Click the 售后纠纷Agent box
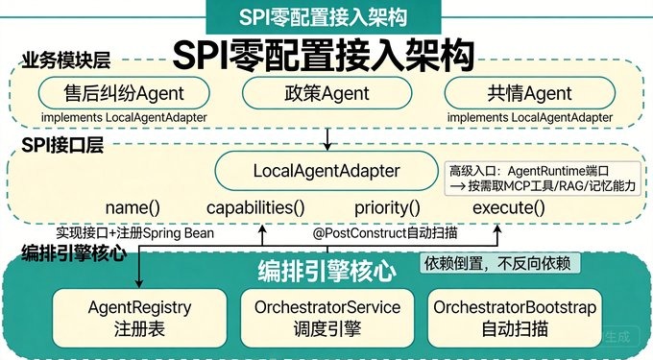click(x=124, y=93)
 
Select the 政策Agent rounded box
click(x=326, y=93)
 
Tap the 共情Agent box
click(x=530, y=93)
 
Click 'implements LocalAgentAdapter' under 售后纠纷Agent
click(x=124, y=117)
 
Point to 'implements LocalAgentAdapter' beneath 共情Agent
click(x=530, y=117)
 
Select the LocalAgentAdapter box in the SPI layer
click(x=326, y=171)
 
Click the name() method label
click(x=133, y=207)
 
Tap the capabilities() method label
click(x=255, y=207)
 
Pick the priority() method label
click(x=387, y=207)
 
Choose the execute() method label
click(x=509, y=207)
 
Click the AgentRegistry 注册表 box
click(x=139, y=318)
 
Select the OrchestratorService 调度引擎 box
click(x=327, y=318)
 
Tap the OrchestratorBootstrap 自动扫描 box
click(x=515, y=318)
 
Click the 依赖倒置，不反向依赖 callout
click(x=499, y=263)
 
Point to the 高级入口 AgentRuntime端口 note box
click(x=543, y=179)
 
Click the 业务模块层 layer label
click(x=66, y=60)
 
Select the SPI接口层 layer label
click(x=62, y=145)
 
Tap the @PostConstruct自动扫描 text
click(x=385, y=232)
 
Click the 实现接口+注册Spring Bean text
click(x=135, y=232)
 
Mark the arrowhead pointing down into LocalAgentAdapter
click(x=327, y=146)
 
